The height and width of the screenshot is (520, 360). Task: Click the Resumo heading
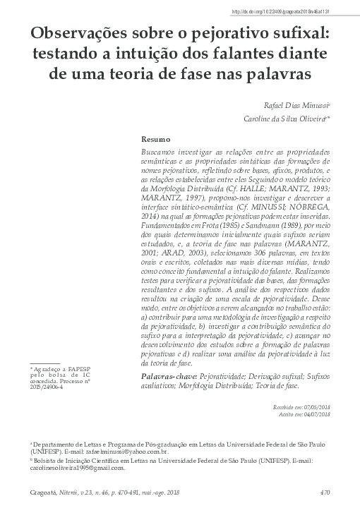[156, 140]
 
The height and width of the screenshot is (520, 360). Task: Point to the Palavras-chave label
[170, 378]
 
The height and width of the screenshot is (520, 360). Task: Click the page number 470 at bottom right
[325, 492]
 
